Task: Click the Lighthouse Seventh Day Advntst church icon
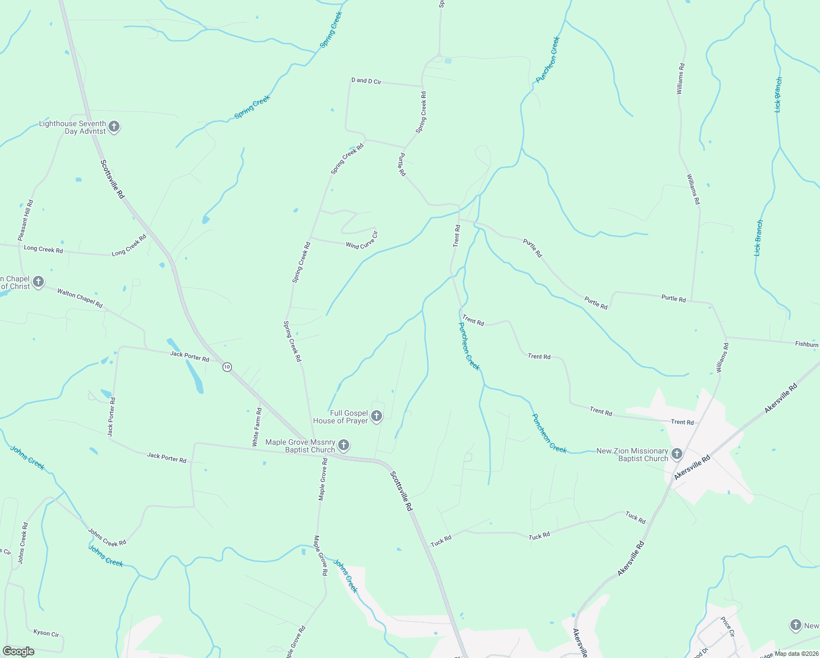pyautogui.click(x=114, y=127)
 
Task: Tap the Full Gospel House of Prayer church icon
pyautogui.click(x=377, y=416)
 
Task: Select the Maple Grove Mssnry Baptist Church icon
pyautogui.click(x=344, y=445)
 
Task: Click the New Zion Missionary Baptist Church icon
pyautogui.click(x=677, y=454)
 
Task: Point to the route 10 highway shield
pyautogui.click(x=227, y=367)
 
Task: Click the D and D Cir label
pyautogui.click(x=366, y=81)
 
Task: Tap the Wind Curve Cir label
pyautogui.click(x=362, y=241)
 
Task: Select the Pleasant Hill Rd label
pyautogui.click(x=26, y=220)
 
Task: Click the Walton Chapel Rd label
pyautogui.click(x=80, y=298)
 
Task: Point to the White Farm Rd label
pyautogui.click(x=256, y=427)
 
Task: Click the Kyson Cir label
pyautogui.click(x=46, y=633)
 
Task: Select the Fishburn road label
pyautogui.click(x=807, y=344)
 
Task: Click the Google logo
pyautogui.click(x=18, y=651)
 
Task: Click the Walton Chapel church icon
pyautogui.click(x=38, y=282)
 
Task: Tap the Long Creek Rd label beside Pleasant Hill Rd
pyautogui.click(x=43, y=249)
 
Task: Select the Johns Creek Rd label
pyautogui.click(x=107, y=537)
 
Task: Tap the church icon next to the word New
pyautogui.click(x=796, y=625)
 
